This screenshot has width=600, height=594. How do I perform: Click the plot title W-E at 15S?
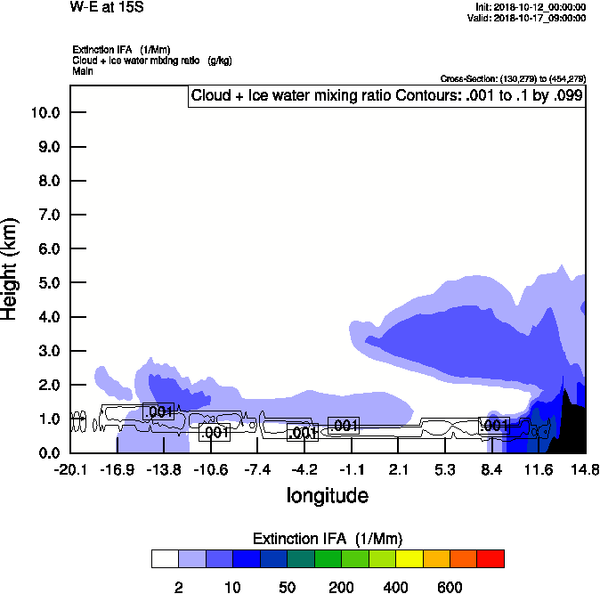pyautogui.click(x=106, y=7)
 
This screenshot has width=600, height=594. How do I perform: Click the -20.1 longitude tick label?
pyautogui.click(x=70, y=469)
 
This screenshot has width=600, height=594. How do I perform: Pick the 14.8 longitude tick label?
pyautogui.click(x=585, y=469)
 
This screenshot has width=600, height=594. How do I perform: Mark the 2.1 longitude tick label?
pyautogui.click(x=399, y=469)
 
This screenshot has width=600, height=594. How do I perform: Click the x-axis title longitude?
pyautogui.click(x=327, y=495)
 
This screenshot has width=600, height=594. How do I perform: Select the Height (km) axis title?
pyautogui.click(x=12, y=267)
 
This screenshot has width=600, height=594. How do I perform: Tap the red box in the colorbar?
pyautogui.click(x=491, y=559)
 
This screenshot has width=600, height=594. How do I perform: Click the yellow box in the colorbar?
pyautogui.click(x=409, y=559)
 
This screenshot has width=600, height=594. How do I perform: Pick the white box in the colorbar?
pyautogui.click(x=165, y=559)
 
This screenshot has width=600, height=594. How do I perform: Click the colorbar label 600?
pyautogui.click(x=450, y=587)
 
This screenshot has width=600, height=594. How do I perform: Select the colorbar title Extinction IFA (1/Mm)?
pyautogui.click(x=328, y=539)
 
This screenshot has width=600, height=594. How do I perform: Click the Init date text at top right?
pyautogui.click(x=531, y=7)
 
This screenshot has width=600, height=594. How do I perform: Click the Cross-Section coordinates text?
pyautogui.click(x=513, y=79)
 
